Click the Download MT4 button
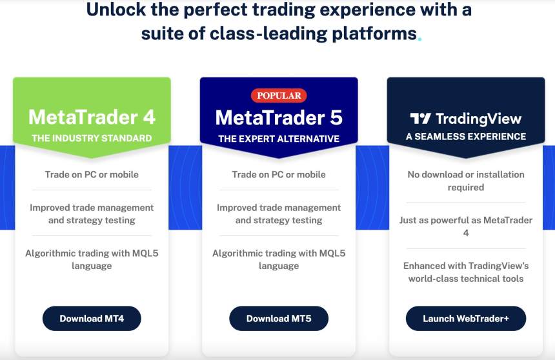[92, 319]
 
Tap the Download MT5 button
[279, 319]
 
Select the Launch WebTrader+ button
[466, 319]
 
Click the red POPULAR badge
[279, 95]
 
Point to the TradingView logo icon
[420, 119]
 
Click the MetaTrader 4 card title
[92, 117]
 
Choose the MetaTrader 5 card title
[279, 117]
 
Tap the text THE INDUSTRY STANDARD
[92, 138]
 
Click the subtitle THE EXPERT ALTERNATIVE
[279, 139]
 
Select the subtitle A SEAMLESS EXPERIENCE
[466, 137]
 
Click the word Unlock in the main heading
[116, 9]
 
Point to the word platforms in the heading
[374, 34]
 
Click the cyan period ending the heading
[419, 39]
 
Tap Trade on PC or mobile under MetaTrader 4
[92, 174]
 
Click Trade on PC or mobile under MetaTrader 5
[279, 174]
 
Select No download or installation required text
[466, 181]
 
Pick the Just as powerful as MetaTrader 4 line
[466, 226]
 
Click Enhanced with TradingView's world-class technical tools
[466, 272]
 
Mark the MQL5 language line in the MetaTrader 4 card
[92, 259]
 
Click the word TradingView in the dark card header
[479, 119]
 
